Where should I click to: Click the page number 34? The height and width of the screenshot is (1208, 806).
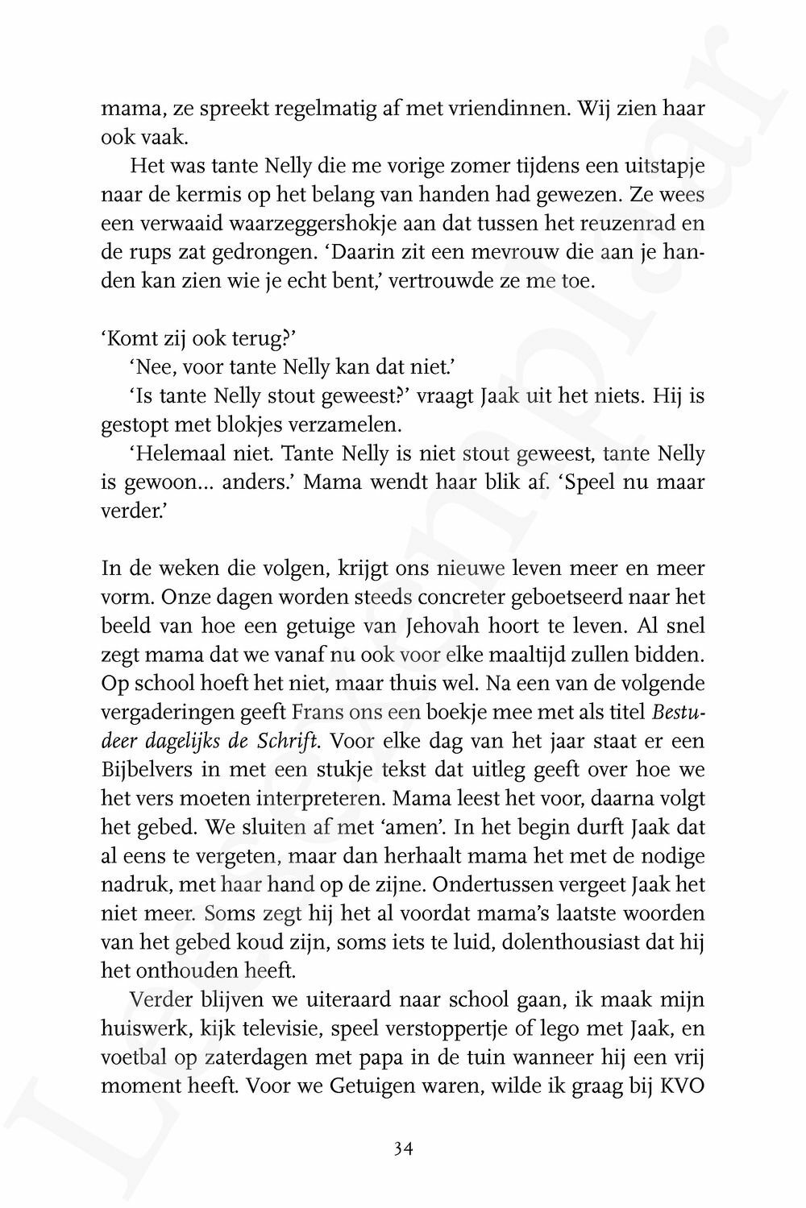point(403,1149)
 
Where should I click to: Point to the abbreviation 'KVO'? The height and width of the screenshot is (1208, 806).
point(682,1086)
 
